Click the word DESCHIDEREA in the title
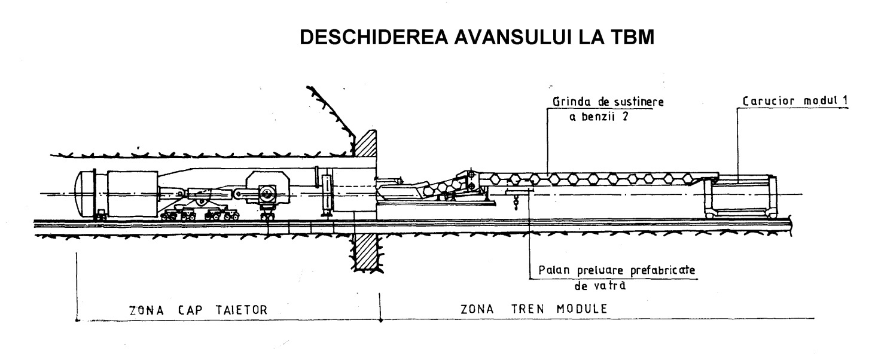pyautogui.click(x=374, y=37)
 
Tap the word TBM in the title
pyautogui.click(x=633, y=37)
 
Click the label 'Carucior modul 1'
pyautogui.click(x=794, y=101)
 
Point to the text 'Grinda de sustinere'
pyautogui.click(x=608, y=102)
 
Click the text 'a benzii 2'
pyautogui.click(x=599, y=117)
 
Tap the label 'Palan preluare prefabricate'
pyautogui.click(x=617, y=270)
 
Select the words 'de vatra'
pyautogui.click(x=600, y=286)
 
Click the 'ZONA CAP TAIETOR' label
pyautogui.click(x=199, y=310)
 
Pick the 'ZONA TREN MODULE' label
pyautogui.click(x=533, y=309)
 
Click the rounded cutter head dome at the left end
pyautogui.click(x=84, y=194)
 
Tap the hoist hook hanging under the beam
pyautogui.click(x=516, y=203)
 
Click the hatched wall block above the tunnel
pyautogui.click(x=365, y=143)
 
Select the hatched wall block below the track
pyautogui.click(x=365, y=252)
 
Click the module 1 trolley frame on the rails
pyautogui.click(x=740, y=196)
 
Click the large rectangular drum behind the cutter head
pyautogui.click(x=132, y=193)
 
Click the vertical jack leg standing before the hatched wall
pyautogui.click(x=327, y=193)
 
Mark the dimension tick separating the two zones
pyautogui.click(x=380, y=307)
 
